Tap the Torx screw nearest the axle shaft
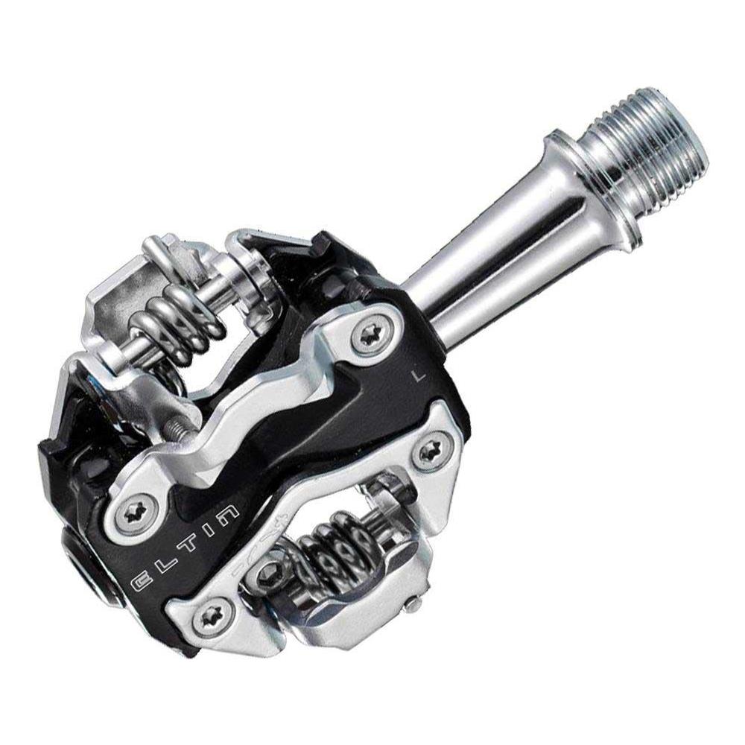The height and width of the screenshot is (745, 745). coord(370,334)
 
